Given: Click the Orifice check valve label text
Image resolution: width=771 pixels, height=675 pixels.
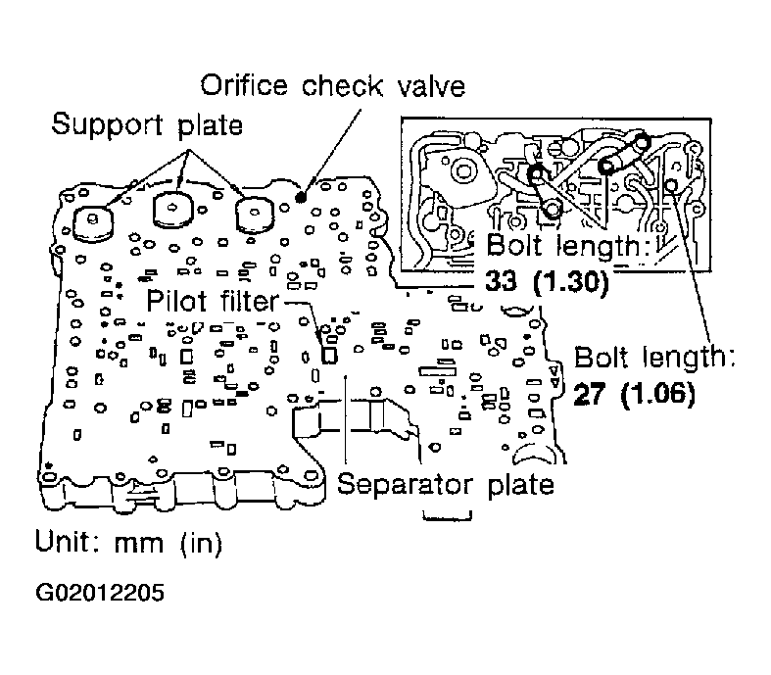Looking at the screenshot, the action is point(332,86).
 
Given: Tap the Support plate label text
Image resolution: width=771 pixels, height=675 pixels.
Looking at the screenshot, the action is point(147,124).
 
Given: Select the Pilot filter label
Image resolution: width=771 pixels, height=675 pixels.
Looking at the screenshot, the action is point(213,301).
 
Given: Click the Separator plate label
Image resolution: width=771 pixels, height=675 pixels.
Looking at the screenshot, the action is point(446,485).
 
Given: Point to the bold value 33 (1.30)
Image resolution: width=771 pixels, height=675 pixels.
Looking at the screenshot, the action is point(547,282).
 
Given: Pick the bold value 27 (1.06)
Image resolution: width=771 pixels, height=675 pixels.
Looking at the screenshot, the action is point(634,394).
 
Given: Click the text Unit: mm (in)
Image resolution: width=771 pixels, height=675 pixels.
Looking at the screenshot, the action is point(129,543).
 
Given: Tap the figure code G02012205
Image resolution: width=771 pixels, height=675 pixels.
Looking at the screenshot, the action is point(100,593).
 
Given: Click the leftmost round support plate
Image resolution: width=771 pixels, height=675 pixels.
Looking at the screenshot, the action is point(93,222).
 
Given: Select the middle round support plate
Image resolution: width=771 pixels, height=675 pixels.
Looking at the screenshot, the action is point(172,211).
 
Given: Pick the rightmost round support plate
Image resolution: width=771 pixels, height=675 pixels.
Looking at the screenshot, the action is point(254,215).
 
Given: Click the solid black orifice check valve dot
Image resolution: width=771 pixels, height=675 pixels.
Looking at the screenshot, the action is point(300,197).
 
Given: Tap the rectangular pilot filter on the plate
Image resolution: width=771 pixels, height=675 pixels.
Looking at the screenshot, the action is point(329,355).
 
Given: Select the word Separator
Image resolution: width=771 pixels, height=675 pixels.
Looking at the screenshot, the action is point(405,485).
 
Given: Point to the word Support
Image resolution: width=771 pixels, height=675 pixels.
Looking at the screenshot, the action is point(107,125).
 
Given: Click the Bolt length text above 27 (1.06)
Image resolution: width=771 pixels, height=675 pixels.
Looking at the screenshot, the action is point(654,358).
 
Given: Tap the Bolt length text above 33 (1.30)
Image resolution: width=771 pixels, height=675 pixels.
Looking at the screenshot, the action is point(570,245).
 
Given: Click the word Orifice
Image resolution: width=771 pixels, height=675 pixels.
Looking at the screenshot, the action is point(243,86).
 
